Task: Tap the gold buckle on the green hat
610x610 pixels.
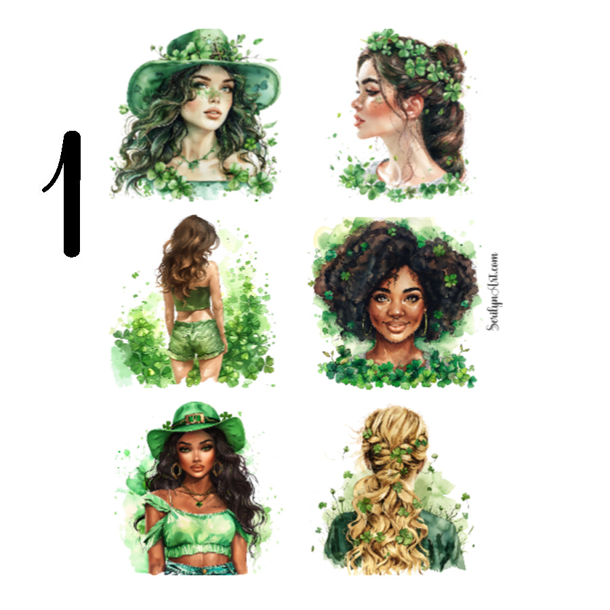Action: pos(195,419)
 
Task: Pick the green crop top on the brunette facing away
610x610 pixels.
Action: pos(192,298)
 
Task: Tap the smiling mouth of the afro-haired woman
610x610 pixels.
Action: pos(397,327)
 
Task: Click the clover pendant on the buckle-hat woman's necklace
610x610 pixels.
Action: pos(197,502)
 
